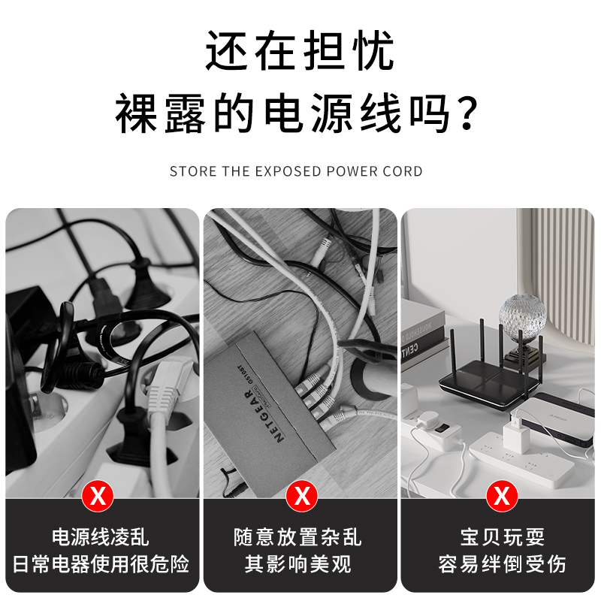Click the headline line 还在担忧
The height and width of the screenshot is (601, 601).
[x=300, y=51]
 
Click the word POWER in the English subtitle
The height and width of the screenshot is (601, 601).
[x=352, y=171]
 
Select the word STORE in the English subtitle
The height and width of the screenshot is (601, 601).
[x=193, y=171]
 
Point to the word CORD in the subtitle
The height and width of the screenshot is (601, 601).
[x=403, y=171]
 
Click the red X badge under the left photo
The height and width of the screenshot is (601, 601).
[x=97, y=496]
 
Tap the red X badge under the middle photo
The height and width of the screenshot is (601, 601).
[x=301, y=496]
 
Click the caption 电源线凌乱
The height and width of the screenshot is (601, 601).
[x=100, y=537]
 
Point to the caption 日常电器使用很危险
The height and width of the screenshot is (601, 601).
[x=100, y=563]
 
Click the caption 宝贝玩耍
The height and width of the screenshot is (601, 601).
[x=502, y=537]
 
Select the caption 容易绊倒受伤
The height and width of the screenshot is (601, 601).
[x=502, y=563]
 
